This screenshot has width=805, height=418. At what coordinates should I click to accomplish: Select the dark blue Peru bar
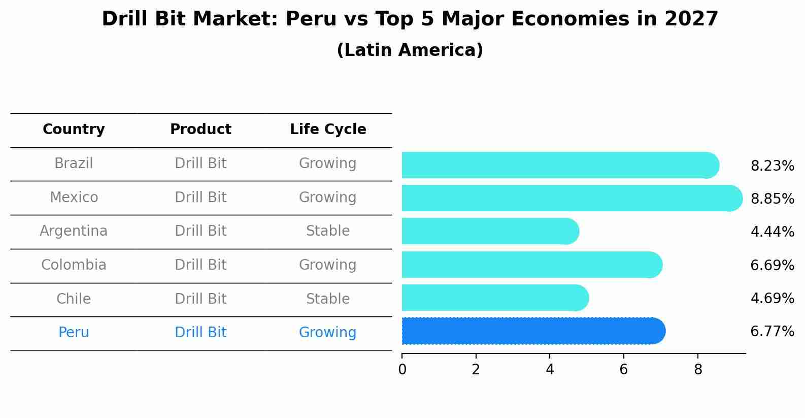point(533,331)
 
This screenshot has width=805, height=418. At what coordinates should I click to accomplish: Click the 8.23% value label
point(772,166)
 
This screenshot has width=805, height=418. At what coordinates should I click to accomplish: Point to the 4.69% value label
point(772,298)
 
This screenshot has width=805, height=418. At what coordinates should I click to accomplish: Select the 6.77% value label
point(772,332)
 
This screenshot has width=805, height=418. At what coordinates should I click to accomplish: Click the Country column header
point(74,130)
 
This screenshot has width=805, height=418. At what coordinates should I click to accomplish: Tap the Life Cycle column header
point(328,130)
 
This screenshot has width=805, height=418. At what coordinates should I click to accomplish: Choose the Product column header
point(200,130)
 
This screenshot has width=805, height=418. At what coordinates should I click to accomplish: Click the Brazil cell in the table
point(74,164)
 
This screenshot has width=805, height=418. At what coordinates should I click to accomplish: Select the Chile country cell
point(74,299)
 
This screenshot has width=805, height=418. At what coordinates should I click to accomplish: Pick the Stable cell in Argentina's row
point(328,231)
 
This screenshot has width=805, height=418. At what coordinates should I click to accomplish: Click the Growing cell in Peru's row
point(328,333)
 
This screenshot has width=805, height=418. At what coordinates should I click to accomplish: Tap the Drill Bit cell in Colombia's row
point(200,265)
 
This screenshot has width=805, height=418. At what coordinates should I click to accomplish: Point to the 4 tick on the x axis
point(550,370)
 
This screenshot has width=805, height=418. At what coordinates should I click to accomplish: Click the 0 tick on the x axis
point(402,370)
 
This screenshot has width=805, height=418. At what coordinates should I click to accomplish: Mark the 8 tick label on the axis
point(698,370)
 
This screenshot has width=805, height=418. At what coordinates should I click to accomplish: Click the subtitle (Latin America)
point(410,50)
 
